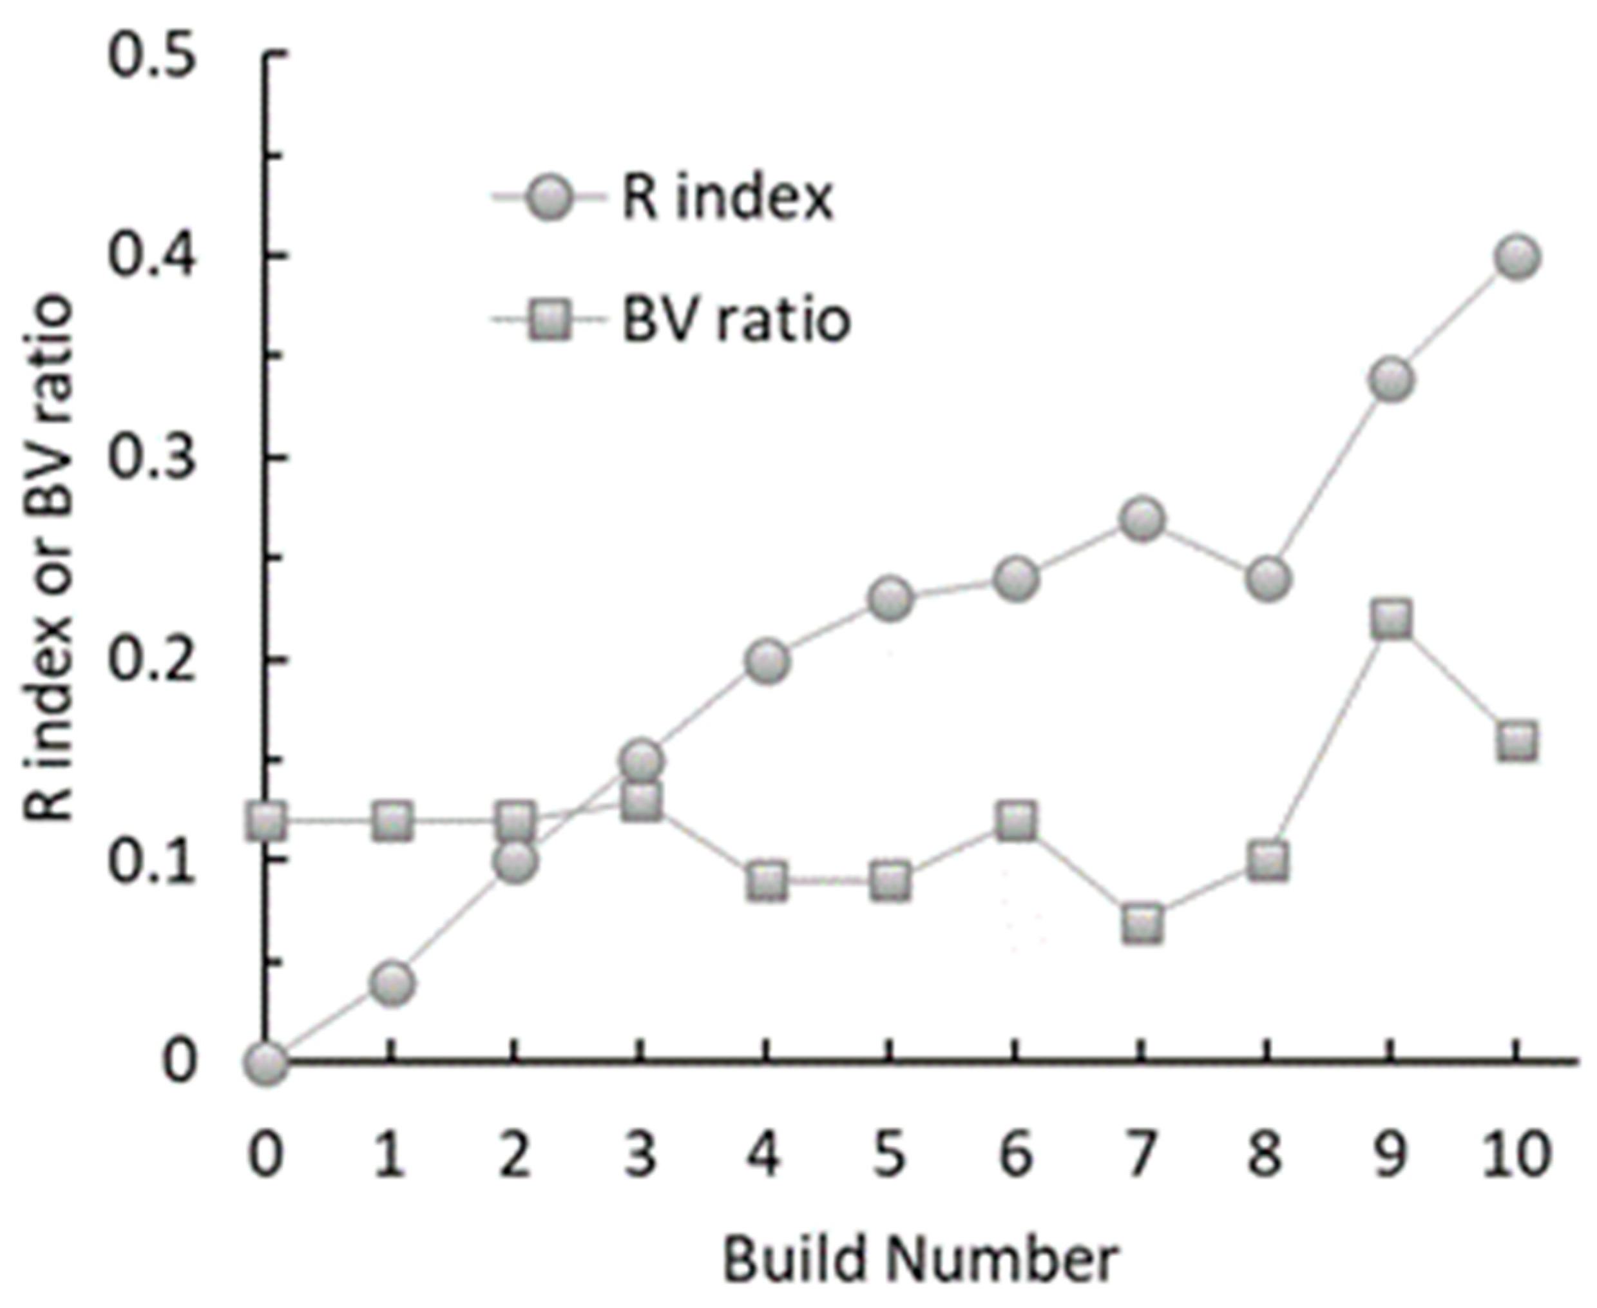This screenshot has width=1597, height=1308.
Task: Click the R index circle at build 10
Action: pos(1516,258)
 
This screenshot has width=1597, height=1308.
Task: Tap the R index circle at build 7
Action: pos(1142,520)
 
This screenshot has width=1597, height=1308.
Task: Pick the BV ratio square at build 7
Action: pos(1142,924)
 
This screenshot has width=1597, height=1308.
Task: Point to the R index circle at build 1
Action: pos(392,983)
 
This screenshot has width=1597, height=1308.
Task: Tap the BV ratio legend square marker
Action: pos(549,321)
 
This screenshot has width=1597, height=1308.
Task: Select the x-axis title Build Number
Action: pos(921,1260)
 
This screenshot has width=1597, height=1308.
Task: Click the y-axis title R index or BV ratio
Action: pos(52,557)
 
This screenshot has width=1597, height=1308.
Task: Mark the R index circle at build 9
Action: pos(1391,379)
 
